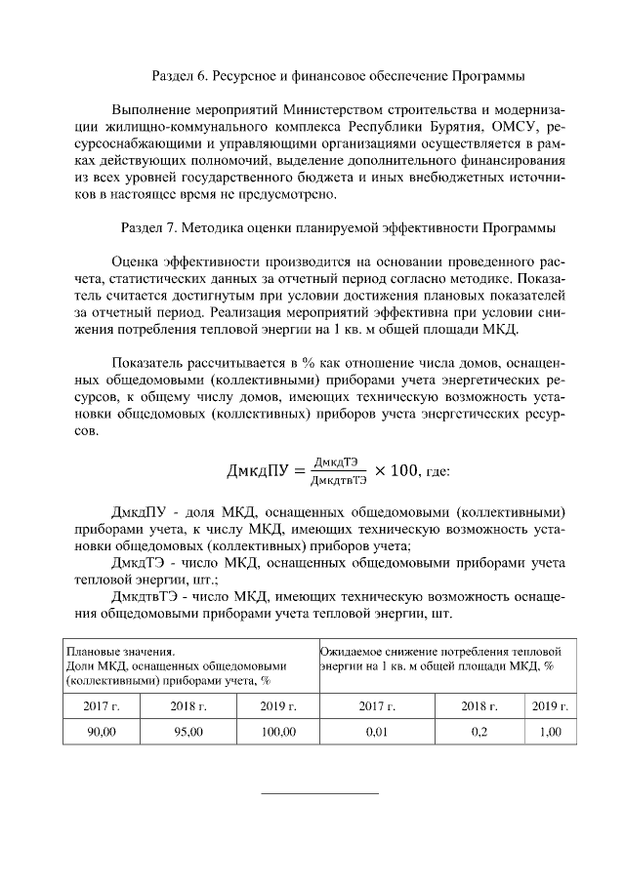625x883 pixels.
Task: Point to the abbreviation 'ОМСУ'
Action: tap(518, 127)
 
